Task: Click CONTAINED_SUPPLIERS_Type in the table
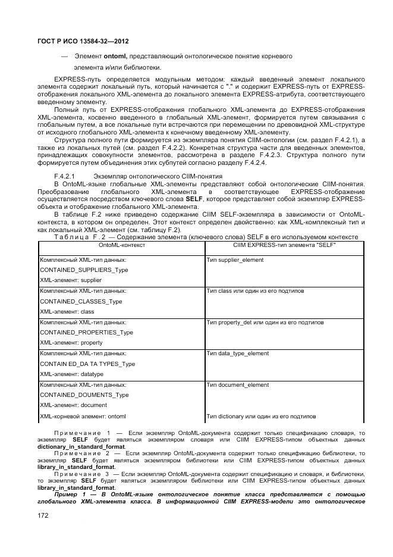(x=84, y=270)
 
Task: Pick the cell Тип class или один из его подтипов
(x=255, y=291)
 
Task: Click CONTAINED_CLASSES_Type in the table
(x=81, y=301)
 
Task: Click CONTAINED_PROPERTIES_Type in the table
(x=86, y=332)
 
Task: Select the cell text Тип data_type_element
(x=237, y=353)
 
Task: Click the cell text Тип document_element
(x=237, y=385)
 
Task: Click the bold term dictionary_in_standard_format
(x=81, y=446)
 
